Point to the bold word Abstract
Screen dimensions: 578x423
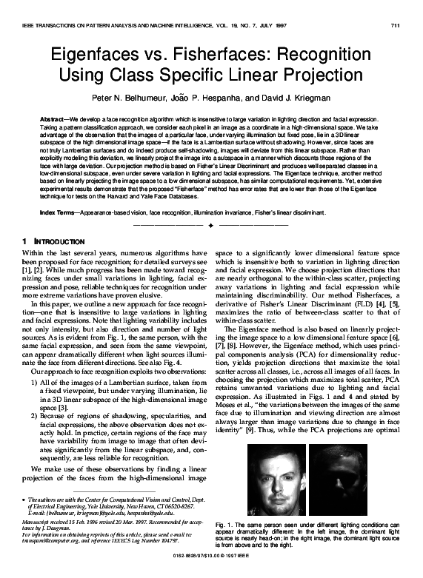coord(54,119)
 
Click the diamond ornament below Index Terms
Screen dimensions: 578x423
coord(211,224)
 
